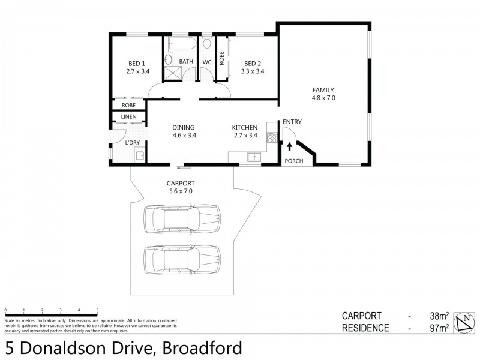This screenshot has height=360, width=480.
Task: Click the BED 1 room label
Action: click(x=137, y=64)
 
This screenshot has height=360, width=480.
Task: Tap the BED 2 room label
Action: click(x=252, y=64)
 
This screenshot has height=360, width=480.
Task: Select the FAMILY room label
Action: click(x=322, y=90)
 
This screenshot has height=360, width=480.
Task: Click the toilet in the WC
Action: click(x=207, y=43)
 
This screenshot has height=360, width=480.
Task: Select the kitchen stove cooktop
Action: click(x=271, y=137)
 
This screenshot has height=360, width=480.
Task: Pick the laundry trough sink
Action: click(x=140, y=157)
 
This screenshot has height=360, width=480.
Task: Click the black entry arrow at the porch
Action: click(x=290, y=145)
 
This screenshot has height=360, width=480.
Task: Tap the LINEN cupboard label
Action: click(x=128, y=116)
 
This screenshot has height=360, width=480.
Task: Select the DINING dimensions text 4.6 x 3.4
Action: click(x=184, y=135)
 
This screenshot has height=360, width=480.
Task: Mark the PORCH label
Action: click(x=293, y=161)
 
